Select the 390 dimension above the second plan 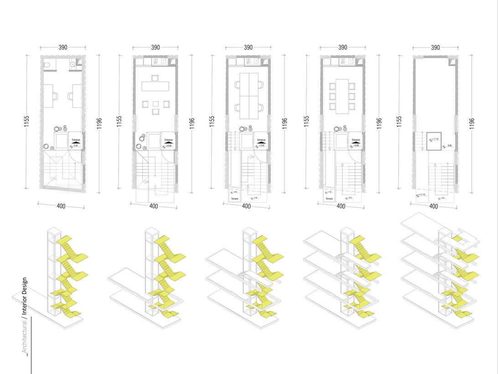(x=156, y=47)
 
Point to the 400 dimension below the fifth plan (x=434, y=206)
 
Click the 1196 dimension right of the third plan (x=285, y=122)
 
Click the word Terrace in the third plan (x=234, y=199)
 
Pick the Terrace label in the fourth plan (x=329, y=199)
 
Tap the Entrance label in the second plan (x=169, y=140)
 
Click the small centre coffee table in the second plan (x=156, y=104)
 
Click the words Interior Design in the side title (x=25, y=297)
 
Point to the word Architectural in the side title (x=25, y=336)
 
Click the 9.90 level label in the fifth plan (x=449, y=146)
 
